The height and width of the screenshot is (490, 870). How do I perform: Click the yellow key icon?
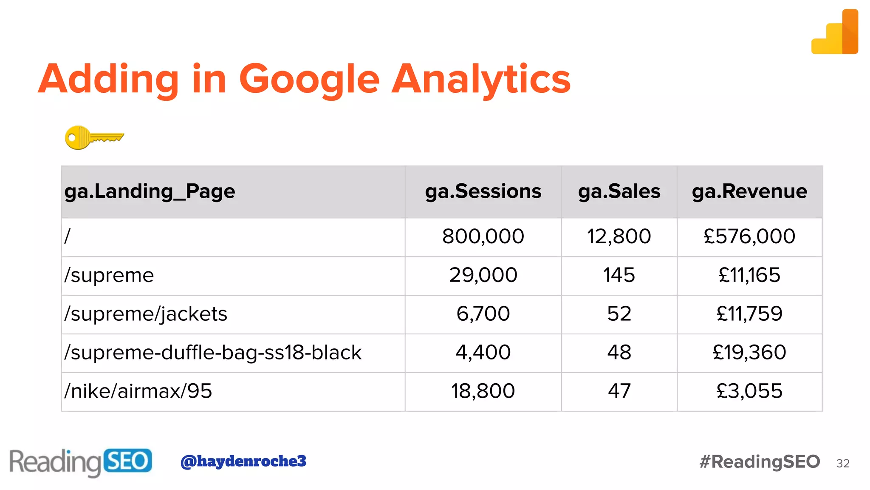point(94,137)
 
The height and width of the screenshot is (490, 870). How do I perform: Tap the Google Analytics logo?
point(835,33)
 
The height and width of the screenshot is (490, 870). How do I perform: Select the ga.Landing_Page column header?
point(150,191)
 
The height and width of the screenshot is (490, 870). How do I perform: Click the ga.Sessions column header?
point(483,191)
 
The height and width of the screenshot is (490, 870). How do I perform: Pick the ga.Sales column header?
point(619,191)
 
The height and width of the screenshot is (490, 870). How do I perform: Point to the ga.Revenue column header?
point(749,191)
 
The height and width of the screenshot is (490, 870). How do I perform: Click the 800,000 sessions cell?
point(483,236)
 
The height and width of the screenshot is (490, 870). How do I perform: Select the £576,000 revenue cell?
point(749,236)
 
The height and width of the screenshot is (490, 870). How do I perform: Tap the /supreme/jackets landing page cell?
point(146,314)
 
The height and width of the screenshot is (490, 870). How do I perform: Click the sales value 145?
point(619,275)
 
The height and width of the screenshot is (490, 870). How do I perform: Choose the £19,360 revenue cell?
point(749,353)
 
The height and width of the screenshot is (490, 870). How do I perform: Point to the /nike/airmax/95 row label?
point(138,391)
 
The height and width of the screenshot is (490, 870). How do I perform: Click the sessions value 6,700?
point(483,314)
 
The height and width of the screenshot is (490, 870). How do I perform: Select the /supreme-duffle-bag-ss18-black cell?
point(213,353)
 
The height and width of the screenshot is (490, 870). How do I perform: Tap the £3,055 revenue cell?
point(749,391)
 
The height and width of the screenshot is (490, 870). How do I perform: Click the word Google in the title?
point(309,80)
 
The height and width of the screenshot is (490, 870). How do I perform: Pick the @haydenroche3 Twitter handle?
point(243,461)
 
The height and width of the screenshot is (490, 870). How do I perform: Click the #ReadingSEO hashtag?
point(760,462)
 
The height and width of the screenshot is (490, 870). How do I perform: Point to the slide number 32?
point(843,464)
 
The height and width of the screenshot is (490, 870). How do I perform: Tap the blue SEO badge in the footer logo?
point(127,461)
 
